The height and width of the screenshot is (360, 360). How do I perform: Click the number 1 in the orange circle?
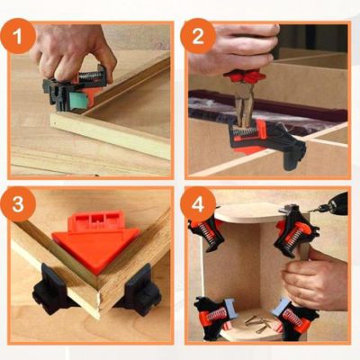pos(27,38)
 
